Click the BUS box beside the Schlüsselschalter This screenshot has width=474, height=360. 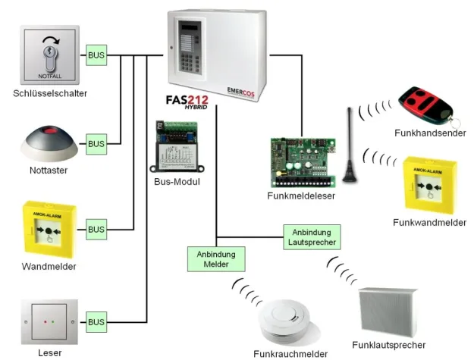[x=96, y=55]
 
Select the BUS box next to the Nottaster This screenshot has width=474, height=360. [x=96, y=142]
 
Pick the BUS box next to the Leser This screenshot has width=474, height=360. [x=96, y=322]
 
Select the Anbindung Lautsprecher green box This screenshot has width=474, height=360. [x=312, y=236]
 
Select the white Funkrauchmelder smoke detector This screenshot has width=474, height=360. [x=281, y=324]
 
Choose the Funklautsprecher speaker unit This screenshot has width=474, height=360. [x=387, y=311]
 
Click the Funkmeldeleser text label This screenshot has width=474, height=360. [x=301, y=196]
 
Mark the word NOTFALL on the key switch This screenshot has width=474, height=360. [x=51, y=77]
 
